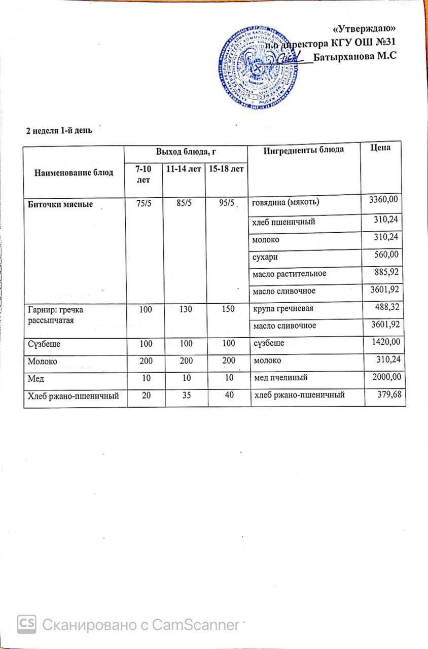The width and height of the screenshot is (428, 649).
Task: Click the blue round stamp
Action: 258,67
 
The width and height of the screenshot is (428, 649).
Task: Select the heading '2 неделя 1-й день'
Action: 59,130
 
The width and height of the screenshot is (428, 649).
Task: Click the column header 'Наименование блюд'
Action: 74,172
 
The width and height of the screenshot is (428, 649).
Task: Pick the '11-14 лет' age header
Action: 183,167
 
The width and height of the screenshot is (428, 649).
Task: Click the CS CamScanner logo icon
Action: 26,624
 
